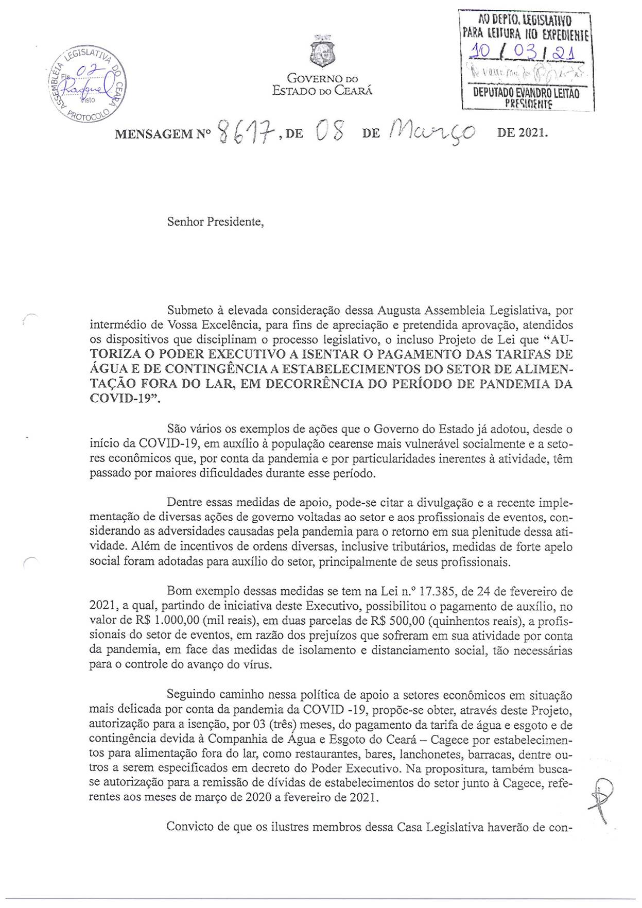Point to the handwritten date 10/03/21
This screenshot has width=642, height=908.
click(x=526, y=53)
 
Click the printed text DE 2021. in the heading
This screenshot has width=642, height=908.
click(x=522, y=133)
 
